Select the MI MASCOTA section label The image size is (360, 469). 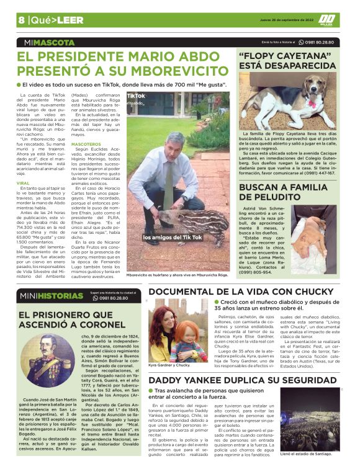[x=47, y=43]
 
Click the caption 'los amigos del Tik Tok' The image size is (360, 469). [x=172, y=238]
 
